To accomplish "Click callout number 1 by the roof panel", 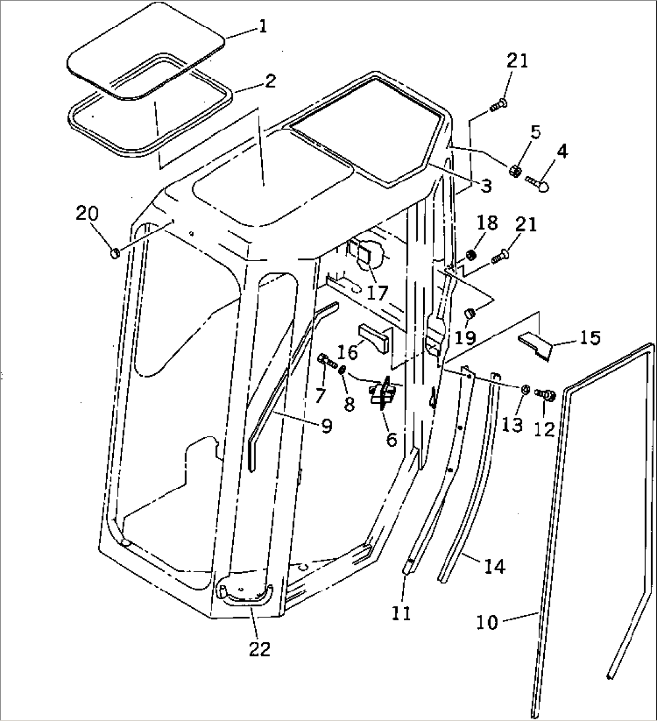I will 262,27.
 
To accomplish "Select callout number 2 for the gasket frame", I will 270,80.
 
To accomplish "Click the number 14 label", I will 494,566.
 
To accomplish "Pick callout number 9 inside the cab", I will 326,426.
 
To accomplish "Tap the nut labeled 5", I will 515,171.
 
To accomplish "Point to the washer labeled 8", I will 342,368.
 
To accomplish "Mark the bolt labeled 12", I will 547,395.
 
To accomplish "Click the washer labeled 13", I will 524,390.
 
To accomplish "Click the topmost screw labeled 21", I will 498,105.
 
